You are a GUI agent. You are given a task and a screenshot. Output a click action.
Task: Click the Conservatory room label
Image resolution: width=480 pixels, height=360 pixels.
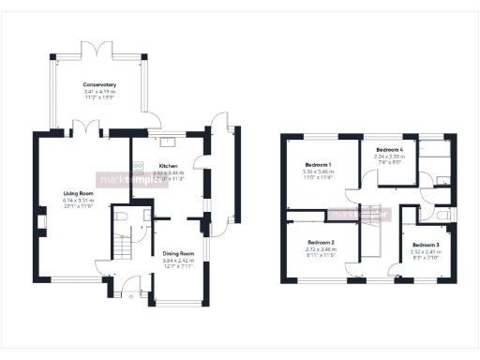click(98, 85)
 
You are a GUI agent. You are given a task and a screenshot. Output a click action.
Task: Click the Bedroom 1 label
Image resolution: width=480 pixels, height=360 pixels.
click(319, 165)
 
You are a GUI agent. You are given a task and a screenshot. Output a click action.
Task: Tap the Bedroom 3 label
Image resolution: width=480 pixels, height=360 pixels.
click(425, 245)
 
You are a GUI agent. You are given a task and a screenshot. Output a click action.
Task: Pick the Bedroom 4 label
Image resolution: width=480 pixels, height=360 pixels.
click(390, 150)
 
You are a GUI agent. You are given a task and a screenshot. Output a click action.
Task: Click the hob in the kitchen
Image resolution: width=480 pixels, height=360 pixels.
click(138, 170)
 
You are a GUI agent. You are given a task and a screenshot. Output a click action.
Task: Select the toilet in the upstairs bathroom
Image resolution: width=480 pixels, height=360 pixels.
click(442, 216)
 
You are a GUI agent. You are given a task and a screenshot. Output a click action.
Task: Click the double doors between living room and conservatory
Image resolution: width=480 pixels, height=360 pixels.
click(82, 128)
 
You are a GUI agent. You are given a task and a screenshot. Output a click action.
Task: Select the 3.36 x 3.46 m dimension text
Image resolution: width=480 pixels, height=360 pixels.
click(319, 172)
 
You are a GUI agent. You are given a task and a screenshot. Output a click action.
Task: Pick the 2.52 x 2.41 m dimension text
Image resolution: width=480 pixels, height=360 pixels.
click(425, 251)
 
